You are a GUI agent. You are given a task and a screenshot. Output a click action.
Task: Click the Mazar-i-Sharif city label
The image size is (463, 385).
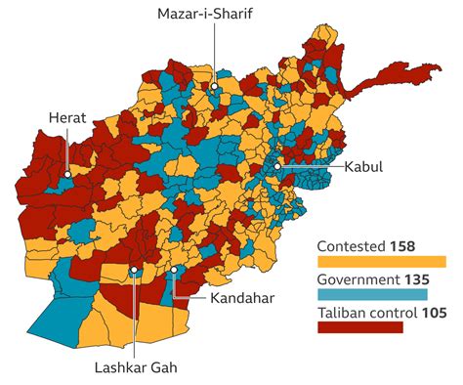point(212,15)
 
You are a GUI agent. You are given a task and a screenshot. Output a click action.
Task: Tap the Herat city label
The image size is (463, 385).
point(67,119)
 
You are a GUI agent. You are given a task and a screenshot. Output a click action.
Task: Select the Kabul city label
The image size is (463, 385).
point(363,167)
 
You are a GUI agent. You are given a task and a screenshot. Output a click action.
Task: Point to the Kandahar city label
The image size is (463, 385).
point(241,297)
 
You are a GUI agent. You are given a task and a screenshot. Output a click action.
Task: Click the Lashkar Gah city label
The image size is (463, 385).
point(138,367)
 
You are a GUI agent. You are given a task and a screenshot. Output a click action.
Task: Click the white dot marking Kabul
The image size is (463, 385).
point(277,167)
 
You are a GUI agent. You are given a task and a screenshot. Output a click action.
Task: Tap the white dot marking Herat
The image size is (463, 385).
point(67,177)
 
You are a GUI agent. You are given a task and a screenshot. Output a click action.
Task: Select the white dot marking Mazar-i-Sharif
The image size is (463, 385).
point(213,86)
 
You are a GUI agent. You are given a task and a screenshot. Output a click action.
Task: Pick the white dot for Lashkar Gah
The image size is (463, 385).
point(133,270)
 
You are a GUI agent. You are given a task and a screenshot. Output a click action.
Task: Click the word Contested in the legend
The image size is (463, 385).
point(352,246)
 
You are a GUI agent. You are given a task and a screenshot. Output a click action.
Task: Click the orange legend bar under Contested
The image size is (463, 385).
point(382,261)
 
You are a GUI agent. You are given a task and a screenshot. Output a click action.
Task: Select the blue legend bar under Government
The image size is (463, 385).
point(372,294)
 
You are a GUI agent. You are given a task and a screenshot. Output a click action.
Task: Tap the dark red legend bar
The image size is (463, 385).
point(360,327)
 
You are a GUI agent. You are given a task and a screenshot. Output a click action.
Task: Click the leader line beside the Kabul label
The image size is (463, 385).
point(311,167)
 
